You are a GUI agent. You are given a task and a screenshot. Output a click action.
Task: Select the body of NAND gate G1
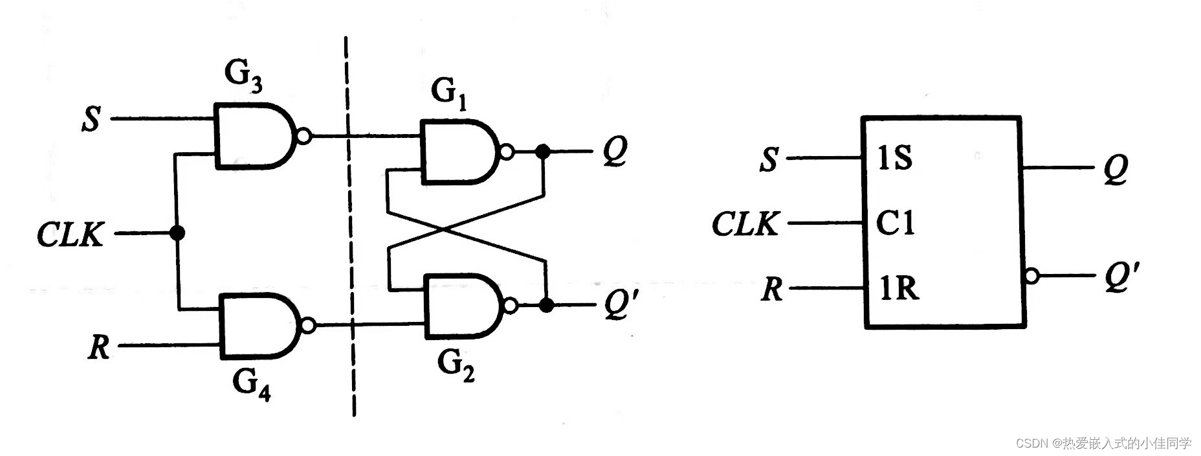click(456, 152)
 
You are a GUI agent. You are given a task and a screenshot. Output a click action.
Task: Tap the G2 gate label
click(456, 365)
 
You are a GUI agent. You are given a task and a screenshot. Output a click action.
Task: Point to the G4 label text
click(251, 383)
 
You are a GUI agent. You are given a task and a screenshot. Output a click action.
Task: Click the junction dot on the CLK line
click(176, 233)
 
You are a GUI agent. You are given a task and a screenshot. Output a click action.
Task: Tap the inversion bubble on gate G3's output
click(303, 137)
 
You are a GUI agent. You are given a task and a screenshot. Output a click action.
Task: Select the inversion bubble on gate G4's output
click(308, 325)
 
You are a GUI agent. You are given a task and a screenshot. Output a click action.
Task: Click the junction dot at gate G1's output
click(544, 152)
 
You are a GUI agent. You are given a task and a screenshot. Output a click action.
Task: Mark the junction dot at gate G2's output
click(547, 305)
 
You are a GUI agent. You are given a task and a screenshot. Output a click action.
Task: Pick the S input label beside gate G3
click(91, 119)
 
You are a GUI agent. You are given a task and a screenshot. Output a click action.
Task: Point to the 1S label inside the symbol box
click(895, 157)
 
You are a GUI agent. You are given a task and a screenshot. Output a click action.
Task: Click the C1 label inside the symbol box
click(895, 223)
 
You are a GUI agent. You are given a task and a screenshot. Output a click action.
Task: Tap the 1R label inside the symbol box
click(899, 288)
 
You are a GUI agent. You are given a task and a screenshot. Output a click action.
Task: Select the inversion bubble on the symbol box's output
click(1031, 276)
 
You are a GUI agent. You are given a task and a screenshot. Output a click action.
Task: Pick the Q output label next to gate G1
click(614, 152)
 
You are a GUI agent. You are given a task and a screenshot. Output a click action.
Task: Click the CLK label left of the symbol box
click(745, 224)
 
